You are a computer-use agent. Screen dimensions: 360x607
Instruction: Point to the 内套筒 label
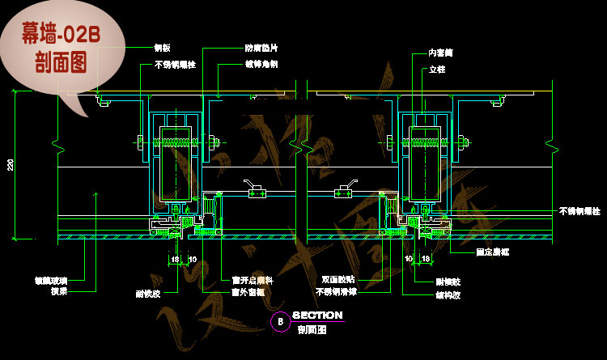click(440, 53)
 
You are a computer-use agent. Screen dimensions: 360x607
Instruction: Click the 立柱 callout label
click(435, 70)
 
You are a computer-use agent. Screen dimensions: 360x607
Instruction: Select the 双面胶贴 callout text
click(337, 279)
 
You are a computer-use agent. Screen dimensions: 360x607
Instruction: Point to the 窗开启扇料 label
click(253, 281)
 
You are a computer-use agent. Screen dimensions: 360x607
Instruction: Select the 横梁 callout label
click(58, 290)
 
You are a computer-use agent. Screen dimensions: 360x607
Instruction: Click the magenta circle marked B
click(279, 321)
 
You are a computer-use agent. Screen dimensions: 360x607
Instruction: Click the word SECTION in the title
click(317, 316)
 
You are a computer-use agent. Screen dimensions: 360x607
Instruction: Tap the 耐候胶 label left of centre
click(148, 294)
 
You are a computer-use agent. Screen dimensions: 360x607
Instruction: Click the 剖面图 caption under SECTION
click(311, 330)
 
